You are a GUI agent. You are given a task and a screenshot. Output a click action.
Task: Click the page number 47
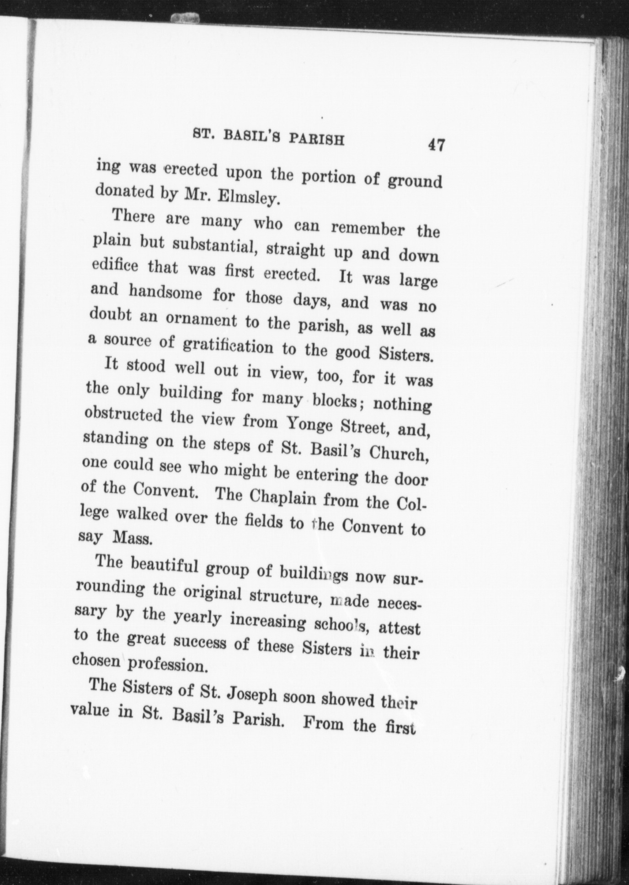(x=436, y=145)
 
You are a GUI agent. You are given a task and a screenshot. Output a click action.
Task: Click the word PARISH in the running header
(x=316, y=139)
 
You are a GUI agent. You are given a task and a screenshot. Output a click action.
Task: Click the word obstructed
(x=123, y=416)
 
